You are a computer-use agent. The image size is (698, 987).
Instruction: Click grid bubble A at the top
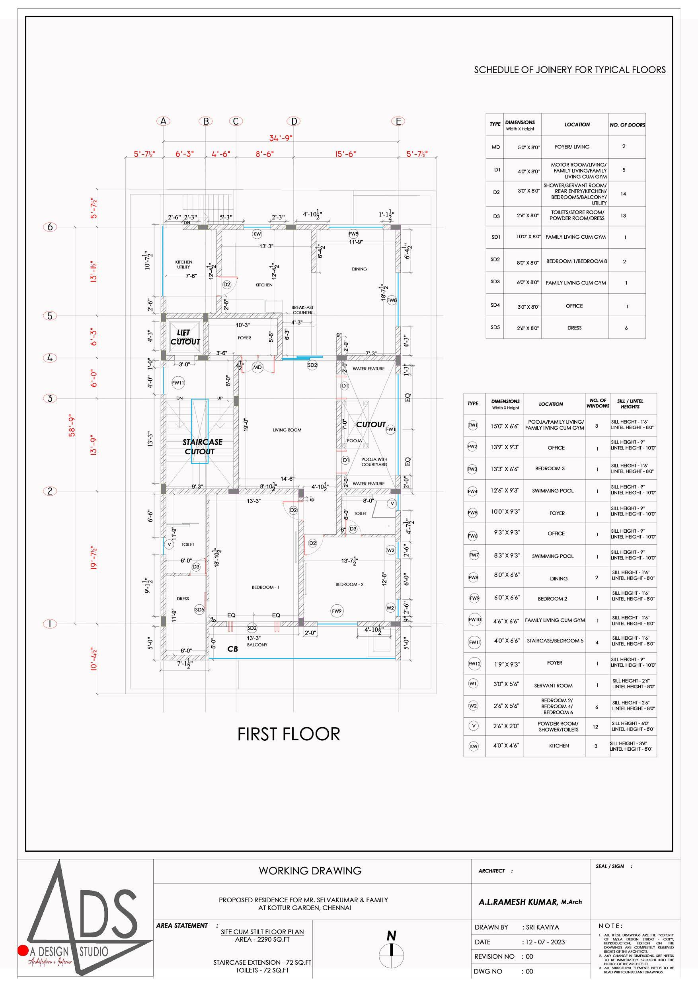coord(164,121)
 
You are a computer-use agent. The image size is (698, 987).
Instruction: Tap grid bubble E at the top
coord(399,121)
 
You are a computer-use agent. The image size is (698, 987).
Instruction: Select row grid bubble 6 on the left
coord(50,227)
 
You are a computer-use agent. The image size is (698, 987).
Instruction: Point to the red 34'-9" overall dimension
coord(281,138)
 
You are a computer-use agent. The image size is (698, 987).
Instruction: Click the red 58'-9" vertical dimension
coord(72,426)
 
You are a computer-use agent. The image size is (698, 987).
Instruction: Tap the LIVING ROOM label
coord(287,430)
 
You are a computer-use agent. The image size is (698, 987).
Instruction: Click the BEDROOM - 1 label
coord(265,587)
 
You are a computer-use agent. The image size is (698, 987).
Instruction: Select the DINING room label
coord(359,269)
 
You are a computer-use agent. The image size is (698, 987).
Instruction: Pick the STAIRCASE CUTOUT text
coord(202,447)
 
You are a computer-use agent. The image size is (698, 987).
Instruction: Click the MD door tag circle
coord(257,368)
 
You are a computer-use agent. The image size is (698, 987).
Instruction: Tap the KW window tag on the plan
coord(257,234)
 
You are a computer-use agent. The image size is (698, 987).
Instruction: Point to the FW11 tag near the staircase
coord(178,383)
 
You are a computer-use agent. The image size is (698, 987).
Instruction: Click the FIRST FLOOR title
coord(289,734)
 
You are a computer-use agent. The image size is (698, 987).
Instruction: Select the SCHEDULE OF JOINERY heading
coord(569,70)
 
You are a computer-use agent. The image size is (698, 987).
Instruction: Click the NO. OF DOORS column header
coord(627,125)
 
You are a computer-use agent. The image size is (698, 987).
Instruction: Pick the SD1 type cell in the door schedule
coord(495,237)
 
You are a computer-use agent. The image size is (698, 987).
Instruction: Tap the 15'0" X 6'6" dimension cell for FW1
coord(505,426)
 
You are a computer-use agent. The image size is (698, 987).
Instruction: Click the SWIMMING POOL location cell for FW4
coord(553,491)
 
